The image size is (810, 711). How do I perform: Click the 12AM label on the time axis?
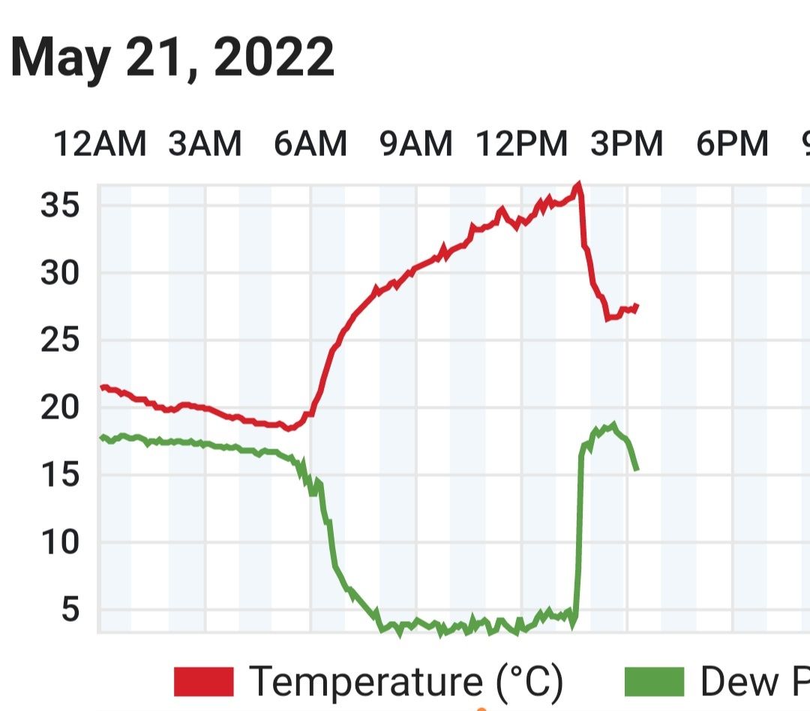100,144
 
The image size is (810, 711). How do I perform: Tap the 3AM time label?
205,144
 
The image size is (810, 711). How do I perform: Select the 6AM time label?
310,144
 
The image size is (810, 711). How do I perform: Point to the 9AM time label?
416,144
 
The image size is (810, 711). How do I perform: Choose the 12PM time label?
522,144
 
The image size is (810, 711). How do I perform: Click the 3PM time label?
627,144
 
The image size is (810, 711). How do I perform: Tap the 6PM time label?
733,144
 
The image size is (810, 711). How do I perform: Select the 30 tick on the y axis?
60,272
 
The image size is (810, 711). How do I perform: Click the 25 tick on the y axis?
60,340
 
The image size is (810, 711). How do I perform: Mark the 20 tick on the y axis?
60,407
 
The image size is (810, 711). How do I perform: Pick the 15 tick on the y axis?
60,475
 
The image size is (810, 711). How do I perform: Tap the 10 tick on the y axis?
60,542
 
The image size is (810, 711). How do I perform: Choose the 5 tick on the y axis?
69,610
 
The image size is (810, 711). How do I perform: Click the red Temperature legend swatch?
204,682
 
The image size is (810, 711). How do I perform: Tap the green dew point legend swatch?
654,682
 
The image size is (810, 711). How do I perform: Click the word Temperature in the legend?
367,682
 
